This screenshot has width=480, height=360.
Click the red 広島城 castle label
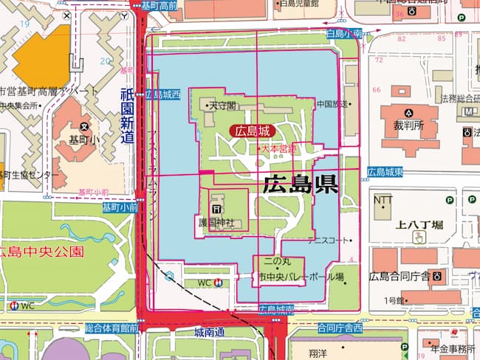(253, 131)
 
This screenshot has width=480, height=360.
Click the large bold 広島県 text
(300, 184)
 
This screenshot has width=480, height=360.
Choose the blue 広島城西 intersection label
(163, 94)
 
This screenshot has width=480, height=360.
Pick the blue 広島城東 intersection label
(385, 172)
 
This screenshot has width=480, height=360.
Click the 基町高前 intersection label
(158, 5)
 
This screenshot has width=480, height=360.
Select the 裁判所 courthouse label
(408, 125)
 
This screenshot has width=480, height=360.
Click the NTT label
(383, 199)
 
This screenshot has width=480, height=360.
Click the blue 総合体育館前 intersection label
(112, 327)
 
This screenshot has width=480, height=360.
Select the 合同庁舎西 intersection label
(340, 326)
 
